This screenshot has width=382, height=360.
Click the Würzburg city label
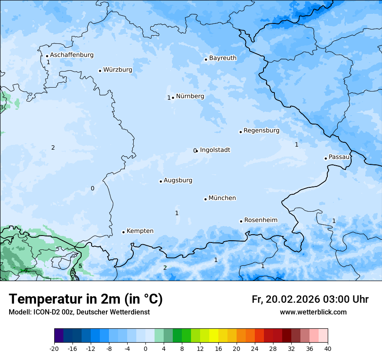tap(118, 70)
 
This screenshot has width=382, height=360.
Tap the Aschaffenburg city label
tap(72, 55)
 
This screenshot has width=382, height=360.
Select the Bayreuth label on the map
tap(223, 58)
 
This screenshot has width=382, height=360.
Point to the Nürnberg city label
tap(190, 96)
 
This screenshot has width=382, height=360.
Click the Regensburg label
tap(261, 131)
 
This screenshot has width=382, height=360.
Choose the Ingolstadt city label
tap(215, 150)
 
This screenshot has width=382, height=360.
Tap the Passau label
tap(339, 157)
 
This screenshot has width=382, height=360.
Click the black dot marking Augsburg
tap(161, 181)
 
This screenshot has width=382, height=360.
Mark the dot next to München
tap(205, 199)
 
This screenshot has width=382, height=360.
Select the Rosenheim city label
tap(260, 220)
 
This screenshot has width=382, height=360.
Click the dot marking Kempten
tap(123, 232)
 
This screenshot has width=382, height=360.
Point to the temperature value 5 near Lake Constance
tap(80, 266)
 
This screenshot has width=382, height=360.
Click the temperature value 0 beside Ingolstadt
tap(195, 151)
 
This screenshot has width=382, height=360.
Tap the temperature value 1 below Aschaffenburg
tap(48, 62)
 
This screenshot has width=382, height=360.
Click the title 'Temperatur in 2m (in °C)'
tap(86, 299)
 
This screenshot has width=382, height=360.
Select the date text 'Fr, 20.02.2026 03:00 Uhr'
tap(310, 299)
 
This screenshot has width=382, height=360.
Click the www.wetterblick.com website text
tap(313, 312)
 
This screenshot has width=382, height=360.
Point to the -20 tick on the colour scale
tap(54, 349)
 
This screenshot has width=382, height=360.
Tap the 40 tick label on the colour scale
tap(328, 349)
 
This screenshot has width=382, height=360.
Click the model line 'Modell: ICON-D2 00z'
tap(79, 312)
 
